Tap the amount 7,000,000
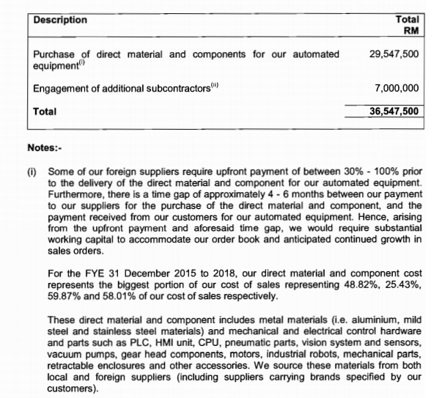pyautogui.click(x=396, y=88)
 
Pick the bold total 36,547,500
pyautogui.click(x=394, y=111)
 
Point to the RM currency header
pyautogui.click(x=413, y=31)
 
